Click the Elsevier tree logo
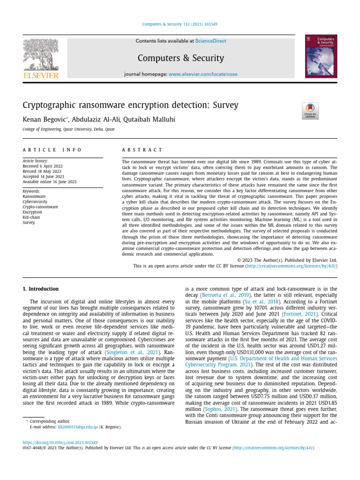[x=41, y=55]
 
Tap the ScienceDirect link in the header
[x=211, y=41]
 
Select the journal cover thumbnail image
[x=321, y=56]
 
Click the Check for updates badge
[x=310, y=111]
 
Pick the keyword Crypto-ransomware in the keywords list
[x=40, y=207]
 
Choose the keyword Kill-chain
[x=32, y=217]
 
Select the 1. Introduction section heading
[x=41, y=289]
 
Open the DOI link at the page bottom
[x=60, y=442]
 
